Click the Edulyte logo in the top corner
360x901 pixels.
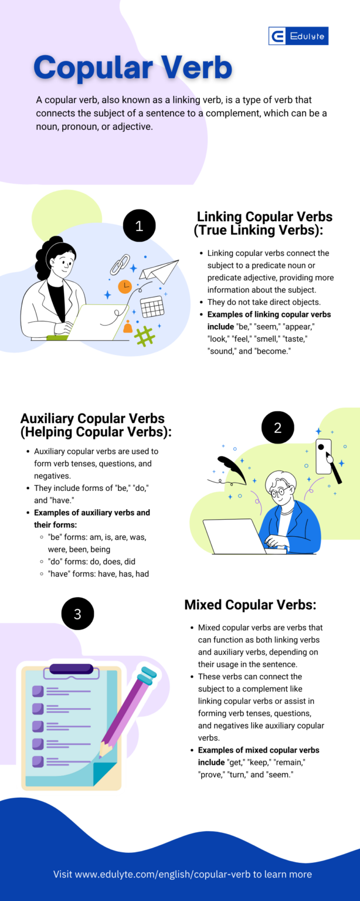(298, 36)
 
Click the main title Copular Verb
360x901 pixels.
(133, 67)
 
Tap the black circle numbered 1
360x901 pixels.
(139, 226)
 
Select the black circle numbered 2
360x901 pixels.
(277, 428)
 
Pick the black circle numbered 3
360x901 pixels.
(77, 614)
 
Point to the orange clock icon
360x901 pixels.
(125, 286)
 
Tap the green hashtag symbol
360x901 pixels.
(144, 336)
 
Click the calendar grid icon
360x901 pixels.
(152, 306)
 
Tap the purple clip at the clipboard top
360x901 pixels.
(72, 669)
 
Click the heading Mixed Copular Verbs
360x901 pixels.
(250, 605)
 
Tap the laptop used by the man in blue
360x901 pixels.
(235, 535)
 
